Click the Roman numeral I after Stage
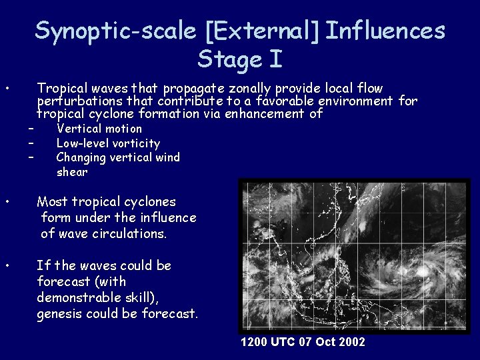point(275,60)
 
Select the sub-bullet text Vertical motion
point(99,129)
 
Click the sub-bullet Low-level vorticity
point(108,143)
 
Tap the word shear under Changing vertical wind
point(72,172)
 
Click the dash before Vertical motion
point(31,129)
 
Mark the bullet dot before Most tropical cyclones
point(6,201)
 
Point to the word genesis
point(60,313)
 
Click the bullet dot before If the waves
point(6,265)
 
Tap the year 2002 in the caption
point(351,342)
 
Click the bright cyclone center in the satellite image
point(421,271)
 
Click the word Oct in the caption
point(323,342)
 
